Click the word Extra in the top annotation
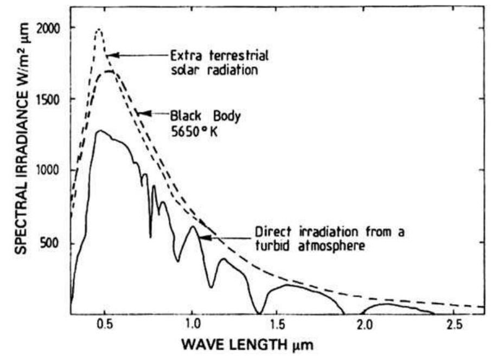coord(184,55)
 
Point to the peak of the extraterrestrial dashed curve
coord(98,30)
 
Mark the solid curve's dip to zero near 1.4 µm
coord(260,312)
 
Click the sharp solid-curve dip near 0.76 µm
coord(150,236)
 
